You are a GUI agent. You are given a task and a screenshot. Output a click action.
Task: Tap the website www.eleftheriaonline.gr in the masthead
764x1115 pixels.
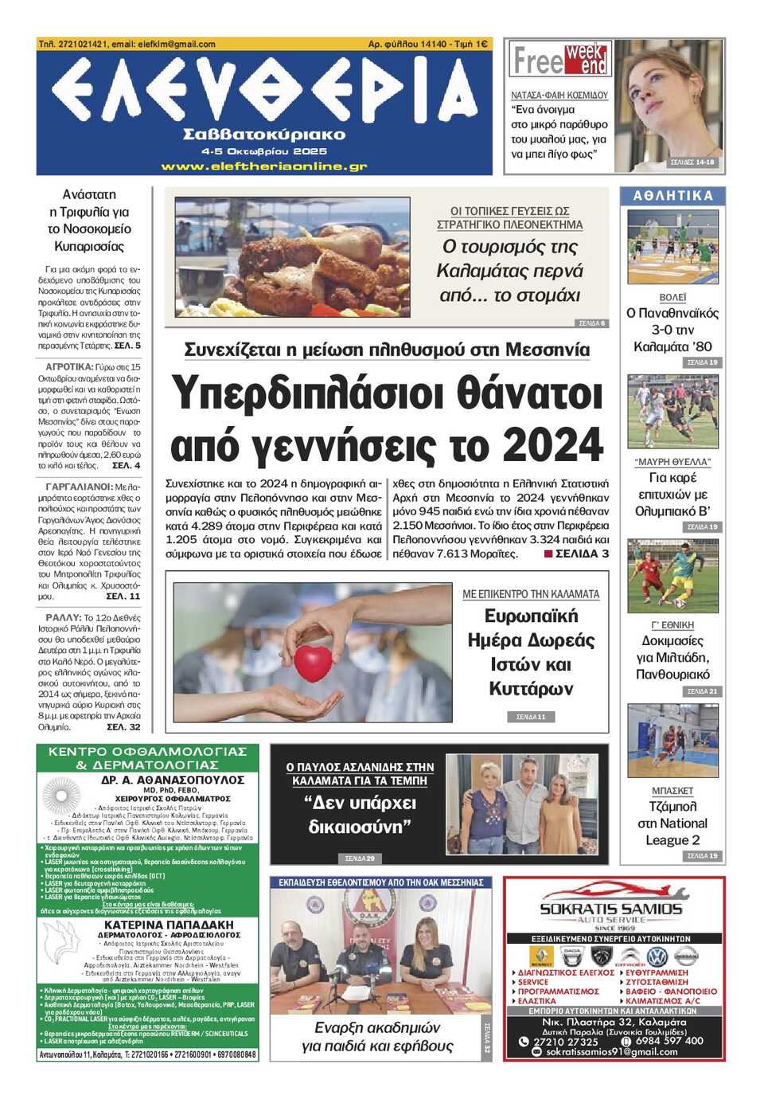pos(264,166)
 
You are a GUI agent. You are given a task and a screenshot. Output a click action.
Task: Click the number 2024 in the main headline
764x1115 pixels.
pos(554,444)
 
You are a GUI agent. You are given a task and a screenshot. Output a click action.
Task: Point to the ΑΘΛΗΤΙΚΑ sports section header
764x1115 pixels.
pos(672,195)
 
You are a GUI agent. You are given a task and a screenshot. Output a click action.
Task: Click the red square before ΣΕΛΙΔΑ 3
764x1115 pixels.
pos(548,554)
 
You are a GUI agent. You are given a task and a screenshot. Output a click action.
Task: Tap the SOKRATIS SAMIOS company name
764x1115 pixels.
pos(611,909)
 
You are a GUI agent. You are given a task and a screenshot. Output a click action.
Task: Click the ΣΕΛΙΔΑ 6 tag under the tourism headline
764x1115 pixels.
pos(591,323)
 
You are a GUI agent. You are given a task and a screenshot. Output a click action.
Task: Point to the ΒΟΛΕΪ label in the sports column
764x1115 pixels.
pos(672,297)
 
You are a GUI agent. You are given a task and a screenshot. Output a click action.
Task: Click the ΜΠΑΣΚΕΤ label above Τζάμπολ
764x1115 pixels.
pos(672,791)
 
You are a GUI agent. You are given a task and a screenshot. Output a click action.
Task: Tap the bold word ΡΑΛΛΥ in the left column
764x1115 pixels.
pos(63,617)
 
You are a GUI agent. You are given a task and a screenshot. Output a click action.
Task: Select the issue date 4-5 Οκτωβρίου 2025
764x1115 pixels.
pos(264,151)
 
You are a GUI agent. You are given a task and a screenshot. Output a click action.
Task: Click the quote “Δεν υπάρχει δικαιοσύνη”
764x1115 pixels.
pos(360,814)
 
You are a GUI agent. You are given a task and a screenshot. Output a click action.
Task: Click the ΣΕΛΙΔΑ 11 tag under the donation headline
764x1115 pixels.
pos(531,717)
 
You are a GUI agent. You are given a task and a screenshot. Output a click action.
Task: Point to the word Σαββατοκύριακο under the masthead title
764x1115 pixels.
pos(264,134)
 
